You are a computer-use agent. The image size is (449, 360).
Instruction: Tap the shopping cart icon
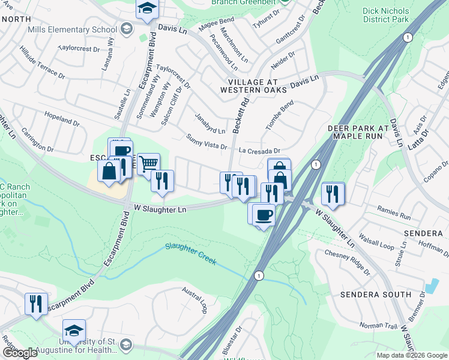(148, 163)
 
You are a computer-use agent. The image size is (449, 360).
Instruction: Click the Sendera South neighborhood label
(370, 295)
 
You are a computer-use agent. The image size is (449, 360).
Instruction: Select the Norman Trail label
(379, 326)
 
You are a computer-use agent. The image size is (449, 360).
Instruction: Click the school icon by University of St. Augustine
(74, 331)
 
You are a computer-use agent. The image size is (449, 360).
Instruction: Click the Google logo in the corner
(19, 353)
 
